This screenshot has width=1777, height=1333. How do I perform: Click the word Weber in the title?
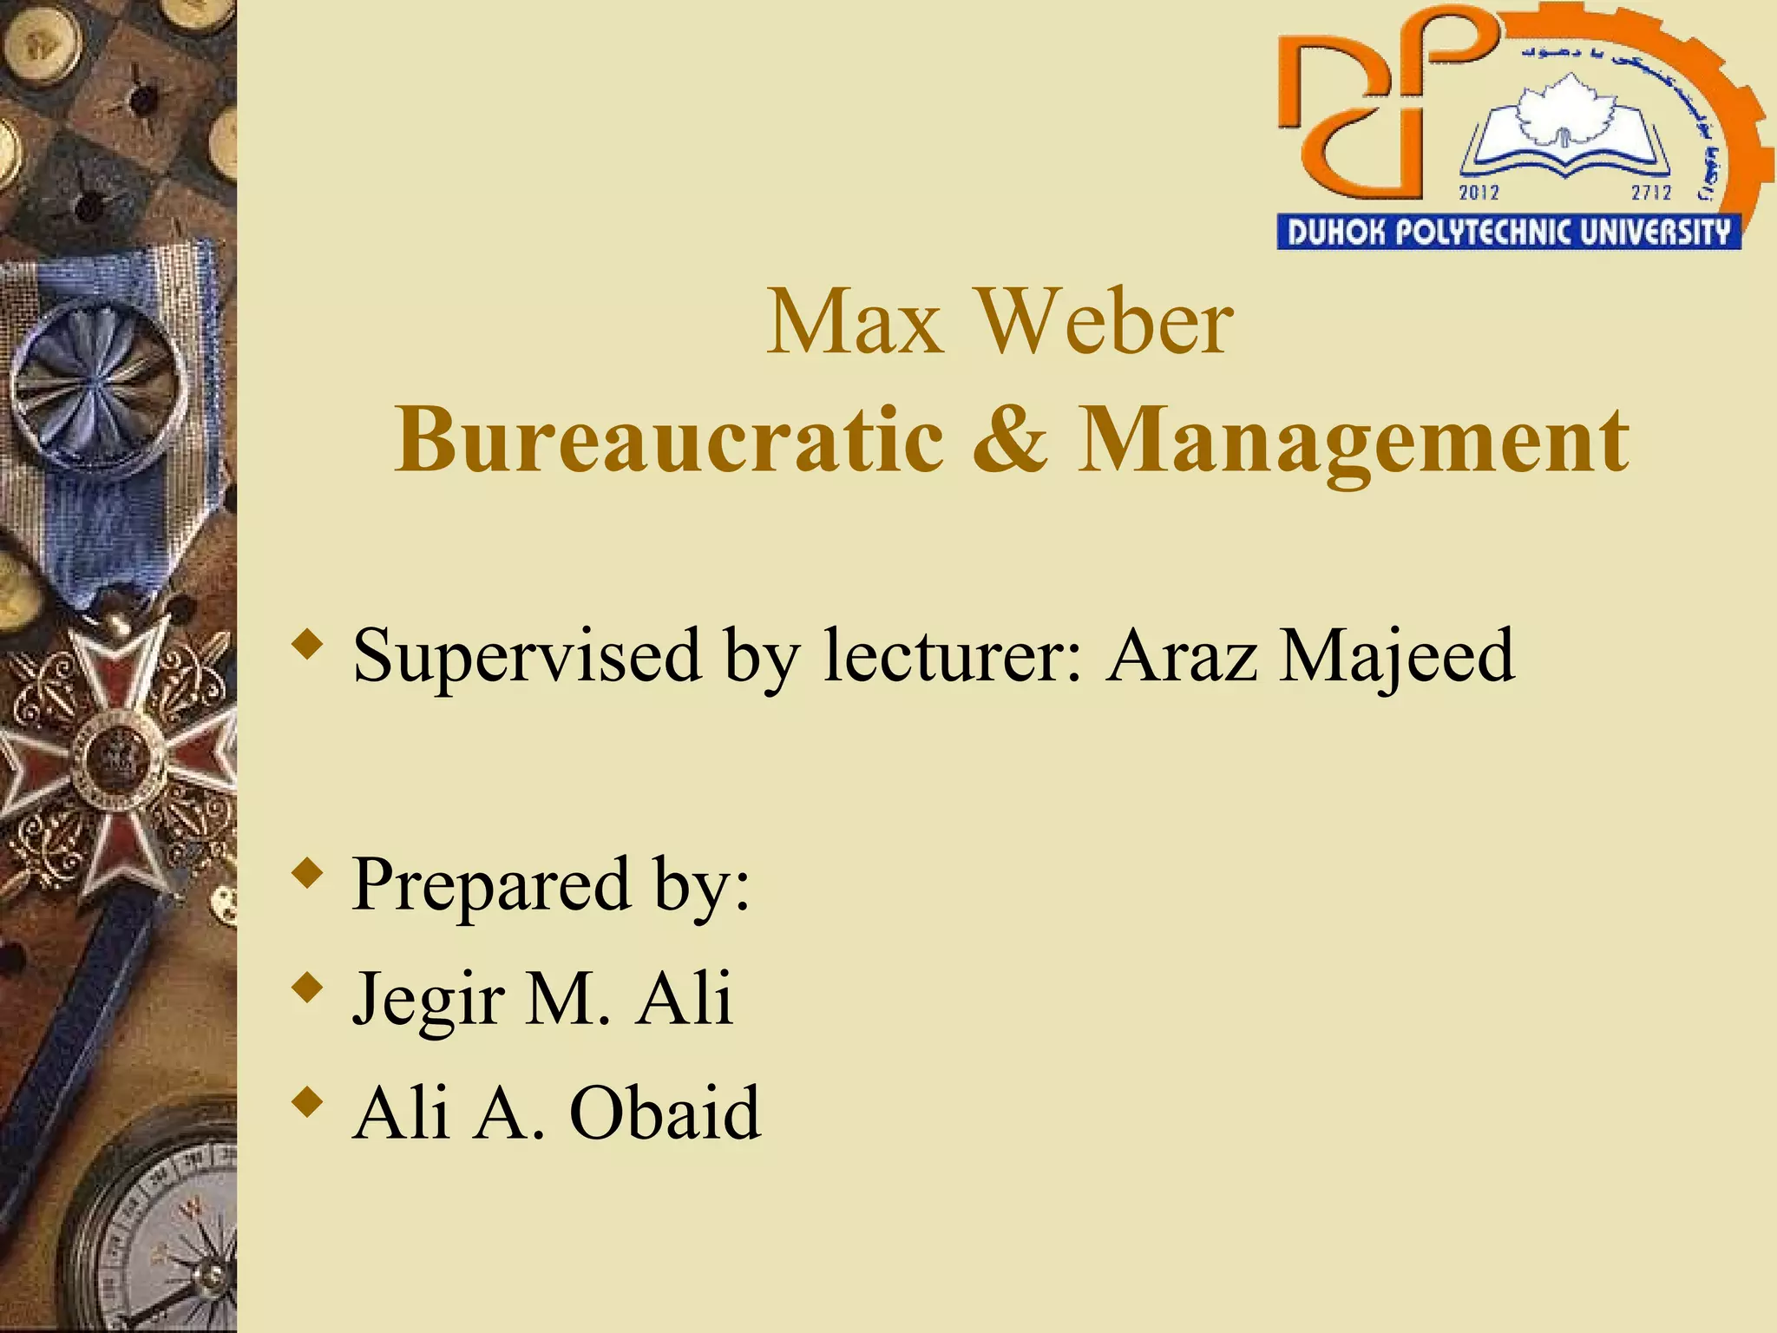1104,323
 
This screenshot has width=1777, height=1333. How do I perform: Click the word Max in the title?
855,323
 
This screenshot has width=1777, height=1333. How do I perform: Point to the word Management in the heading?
1353,443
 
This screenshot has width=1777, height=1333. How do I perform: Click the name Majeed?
1397,656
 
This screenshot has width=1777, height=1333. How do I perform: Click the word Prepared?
491,885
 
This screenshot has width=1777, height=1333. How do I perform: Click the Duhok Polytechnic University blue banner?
1508,233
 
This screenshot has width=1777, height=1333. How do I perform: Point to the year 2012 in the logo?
1479,192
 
